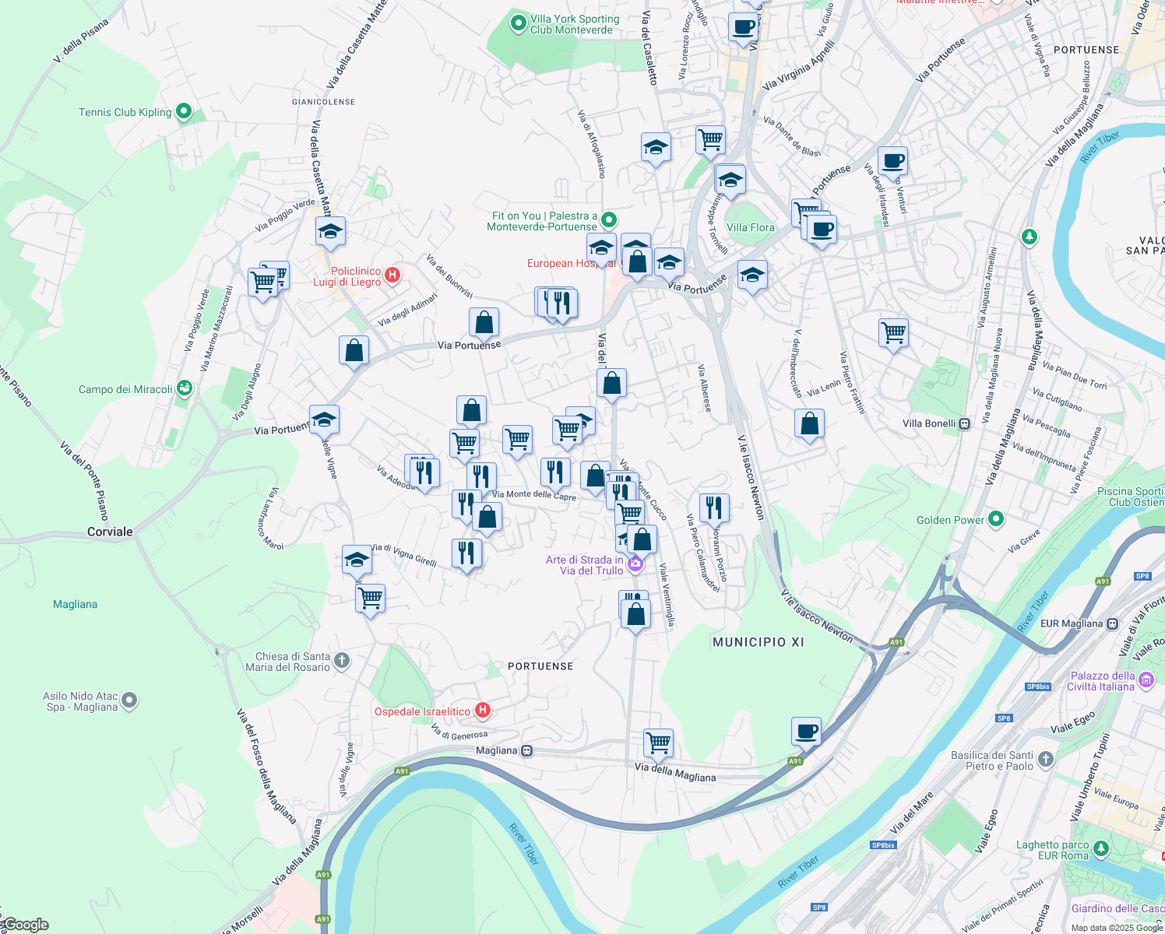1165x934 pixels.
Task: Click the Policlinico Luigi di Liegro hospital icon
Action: coord(392,275)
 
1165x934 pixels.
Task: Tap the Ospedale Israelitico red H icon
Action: coord(483,710)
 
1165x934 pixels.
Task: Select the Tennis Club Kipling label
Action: coord(125,112)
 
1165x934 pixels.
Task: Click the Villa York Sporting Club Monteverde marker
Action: coord(518,23)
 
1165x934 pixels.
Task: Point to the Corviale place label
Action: coord(110,532)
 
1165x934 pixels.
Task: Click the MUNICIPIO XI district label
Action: coord(758,642)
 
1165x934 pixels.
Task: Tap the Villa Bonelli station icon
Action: coord(965,423)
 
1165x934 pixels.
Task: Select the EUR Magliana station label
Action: coord(1072,623)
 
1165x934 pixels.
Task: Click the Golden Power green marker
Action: coord(996,519)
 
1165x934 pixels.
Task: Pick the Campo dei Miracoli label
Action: coord(125,389)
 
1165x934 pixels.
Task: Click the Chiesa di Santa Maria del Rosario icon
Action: coord(342,662)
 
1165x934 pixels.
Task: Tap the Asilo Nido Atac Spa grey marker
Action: coord(130,700)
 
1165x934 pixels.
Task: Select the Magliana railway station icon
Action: coord(527,750)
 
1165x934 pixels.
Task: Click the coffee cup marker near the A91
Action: coord(806,732)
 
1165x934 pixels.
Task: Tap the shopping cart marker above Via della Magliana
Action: coord(659,743)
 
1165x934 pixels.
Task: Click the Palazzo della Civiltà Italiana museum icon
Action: coord(1146,681)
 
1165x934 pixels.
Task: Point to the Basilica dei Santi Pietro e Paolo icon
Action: coord(1046,759)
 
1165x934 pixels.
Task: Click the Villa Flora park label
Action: coord(750,227)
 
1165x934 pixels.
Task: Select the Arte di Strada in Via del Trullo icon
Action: coord(635,564)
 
